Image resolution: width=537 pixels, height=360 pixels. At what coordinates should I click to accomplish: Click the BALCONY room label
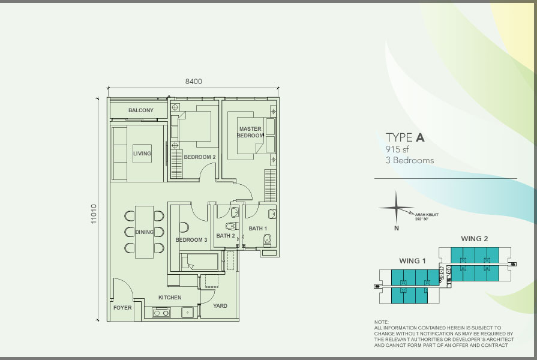click(141, 110)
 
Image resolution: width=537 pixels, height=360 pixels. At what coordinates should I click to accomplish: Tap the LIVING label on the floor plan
click(142, 154)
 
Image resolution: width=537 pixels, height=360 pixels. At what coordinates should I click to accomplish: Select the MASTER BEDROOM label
click(250, 132)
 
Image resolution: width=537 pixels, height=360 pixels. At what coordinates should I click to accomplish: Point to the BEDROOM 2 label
click(200, 157)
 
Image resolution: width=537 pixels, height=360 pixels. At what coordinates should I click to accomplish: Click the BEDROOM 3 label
click(191, 240)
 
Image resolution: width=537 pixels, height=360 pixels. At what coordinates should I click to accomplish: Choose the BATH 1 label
click(258, 229)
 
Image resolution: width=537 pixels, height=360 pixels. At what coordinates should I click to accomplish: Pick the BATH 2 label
click(226, 236)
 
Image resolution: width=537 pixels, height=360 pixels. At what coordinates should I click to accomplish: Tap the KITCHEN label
click(170, 298)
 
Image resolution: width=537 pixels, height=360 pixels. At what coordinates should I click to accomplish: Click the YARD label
click(220, 306)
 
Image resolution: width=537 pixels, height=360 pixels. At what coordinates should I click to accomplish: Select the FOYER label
click(122, 308)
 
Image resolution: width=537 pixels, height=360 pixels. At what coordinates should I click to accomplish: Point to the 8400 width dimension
click(193, 82)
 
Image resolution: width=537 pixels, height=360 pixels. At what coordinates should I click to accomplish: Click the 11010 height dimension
click(94, 214)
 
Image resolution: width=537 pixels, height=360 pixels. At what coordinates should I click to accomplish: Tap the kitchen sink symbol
click(187, 313)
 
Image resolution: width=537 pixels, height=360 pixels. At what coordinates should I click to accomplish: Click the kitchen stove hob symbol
click(161, 313)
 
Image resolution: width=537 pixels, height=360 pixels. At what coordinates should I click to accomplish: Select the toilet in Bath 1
click(268, 240)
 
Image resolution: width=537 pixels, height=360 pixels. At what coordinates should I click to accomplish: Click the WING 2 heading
click(475, 239)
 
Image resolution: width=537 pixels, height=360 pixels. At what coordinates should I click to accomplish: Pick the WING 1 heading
click(412, 261)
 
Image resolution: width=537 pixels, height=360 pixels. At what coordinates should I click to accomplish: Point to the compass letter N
click(396, 228)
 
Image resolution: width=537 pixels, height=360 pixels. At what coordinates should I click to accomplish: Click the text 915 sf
click(397, 149)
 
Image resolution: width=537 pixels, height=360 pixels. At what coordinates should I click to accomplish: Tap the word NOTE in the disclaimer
click(381, 322)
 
